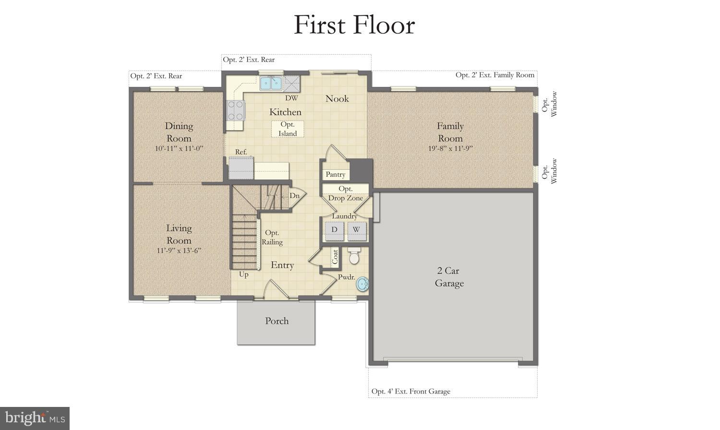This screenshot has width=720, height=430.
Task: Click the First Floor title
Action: tap(354, 25)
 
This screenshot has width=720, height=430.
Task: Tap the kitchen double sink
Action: tap(271, 84)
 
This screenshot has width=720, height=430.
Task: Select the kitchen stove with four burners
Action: tap(235, 110)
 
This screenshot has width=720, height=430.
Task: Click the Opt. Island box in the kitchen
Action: tap(288, 129)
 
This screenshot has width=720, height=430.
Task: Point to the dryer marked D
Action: tap(334, 230)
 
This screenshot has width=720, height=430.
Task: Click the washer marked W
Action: tap(356, 230)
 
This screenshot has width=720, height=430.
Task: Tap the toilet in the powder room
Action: tap(354, 257)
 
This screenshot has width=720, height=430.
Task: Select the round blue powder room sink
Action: tap(363, 284)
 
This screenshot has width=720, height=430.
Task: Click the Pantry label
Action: tap(335, 174)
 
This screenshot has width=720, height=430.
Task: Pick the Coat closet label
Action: tap(335, 256)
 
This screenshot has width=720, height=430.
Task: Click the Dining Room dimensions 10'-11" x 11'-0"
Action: tap(179, 148)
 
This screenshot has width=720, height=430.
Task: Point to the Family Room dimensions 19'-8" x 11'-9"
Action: tap(450, 148)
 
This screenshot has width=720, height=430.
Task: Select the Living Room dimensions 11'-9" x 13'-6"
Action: tap(179, 250)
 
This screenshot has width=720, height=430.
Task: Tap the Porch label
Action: tap(277, 321)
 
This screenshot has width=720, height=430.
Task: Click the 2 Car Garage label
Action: tap(449, 277)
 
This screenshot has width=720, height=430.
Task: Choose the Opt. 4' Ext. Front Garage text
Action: tap(411, 391)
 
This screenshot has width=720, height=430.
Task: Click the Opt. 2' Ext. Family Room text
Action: tap(495, 75)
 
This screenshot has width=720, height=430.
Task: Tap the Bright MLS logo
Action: tap(35, 418)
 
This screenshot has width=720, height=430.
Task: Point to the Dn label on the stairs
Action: tap(294, 196)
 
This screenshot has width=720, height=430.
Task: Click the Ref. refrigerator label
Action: tap(241, 152)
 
